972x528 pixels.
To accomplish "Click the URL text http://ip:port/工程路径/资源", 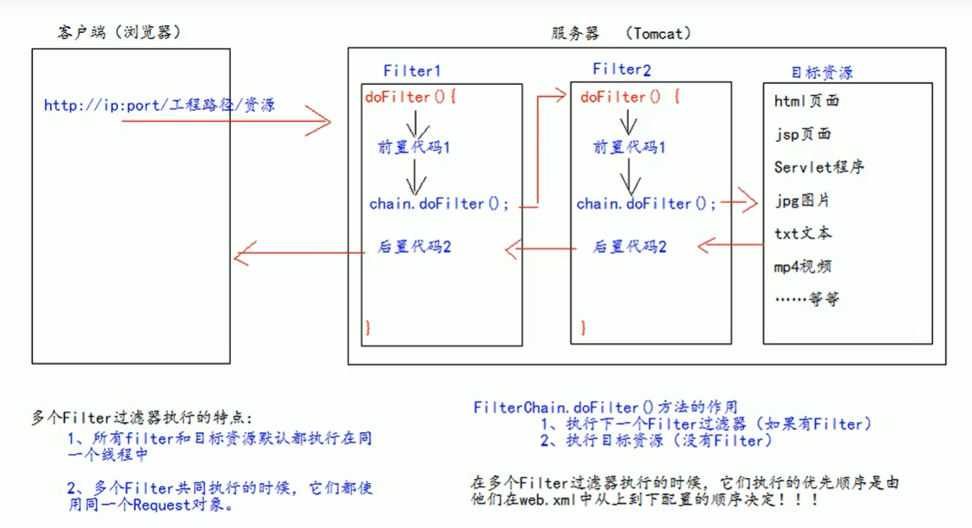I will click(x=160, y=106).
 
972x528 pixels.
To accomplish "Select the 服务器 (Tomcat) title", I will click(x=621, y=33).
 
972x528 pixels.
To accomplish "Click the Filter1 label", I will click(x=412, y=70).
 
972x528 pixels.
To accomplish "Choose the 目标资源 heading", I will click(x=821, y=71).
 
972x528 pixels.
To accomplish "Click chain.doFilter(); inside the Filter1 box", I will click(x=439, y=204).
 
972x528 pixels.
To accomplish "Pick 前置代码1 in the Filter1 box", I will click(x=414, y=147).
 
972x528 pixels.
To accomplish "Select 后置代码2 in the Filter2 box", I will click(x=629, y=247).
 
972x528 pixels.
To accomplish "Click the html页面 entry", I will click(x=806, y=101).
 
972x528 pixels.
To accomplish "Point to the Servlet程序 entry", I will click(x=818, y=167).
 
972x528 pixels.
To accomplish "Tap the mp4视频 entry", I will click(x=802, y=267).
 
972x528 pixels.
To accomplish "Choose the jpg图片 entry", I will click(x=802, y=201).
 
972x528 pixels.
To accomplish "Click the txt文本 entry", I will click(x=803, y=233).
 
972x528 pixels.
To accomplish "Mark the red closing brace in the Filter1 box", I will click(x=368, y=327).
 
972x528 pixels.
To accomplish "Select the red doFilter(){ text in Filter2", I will click(x=630, y=97).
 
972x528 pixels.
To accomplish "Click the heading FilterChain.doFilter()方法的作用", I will click(x=605, y=407).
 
